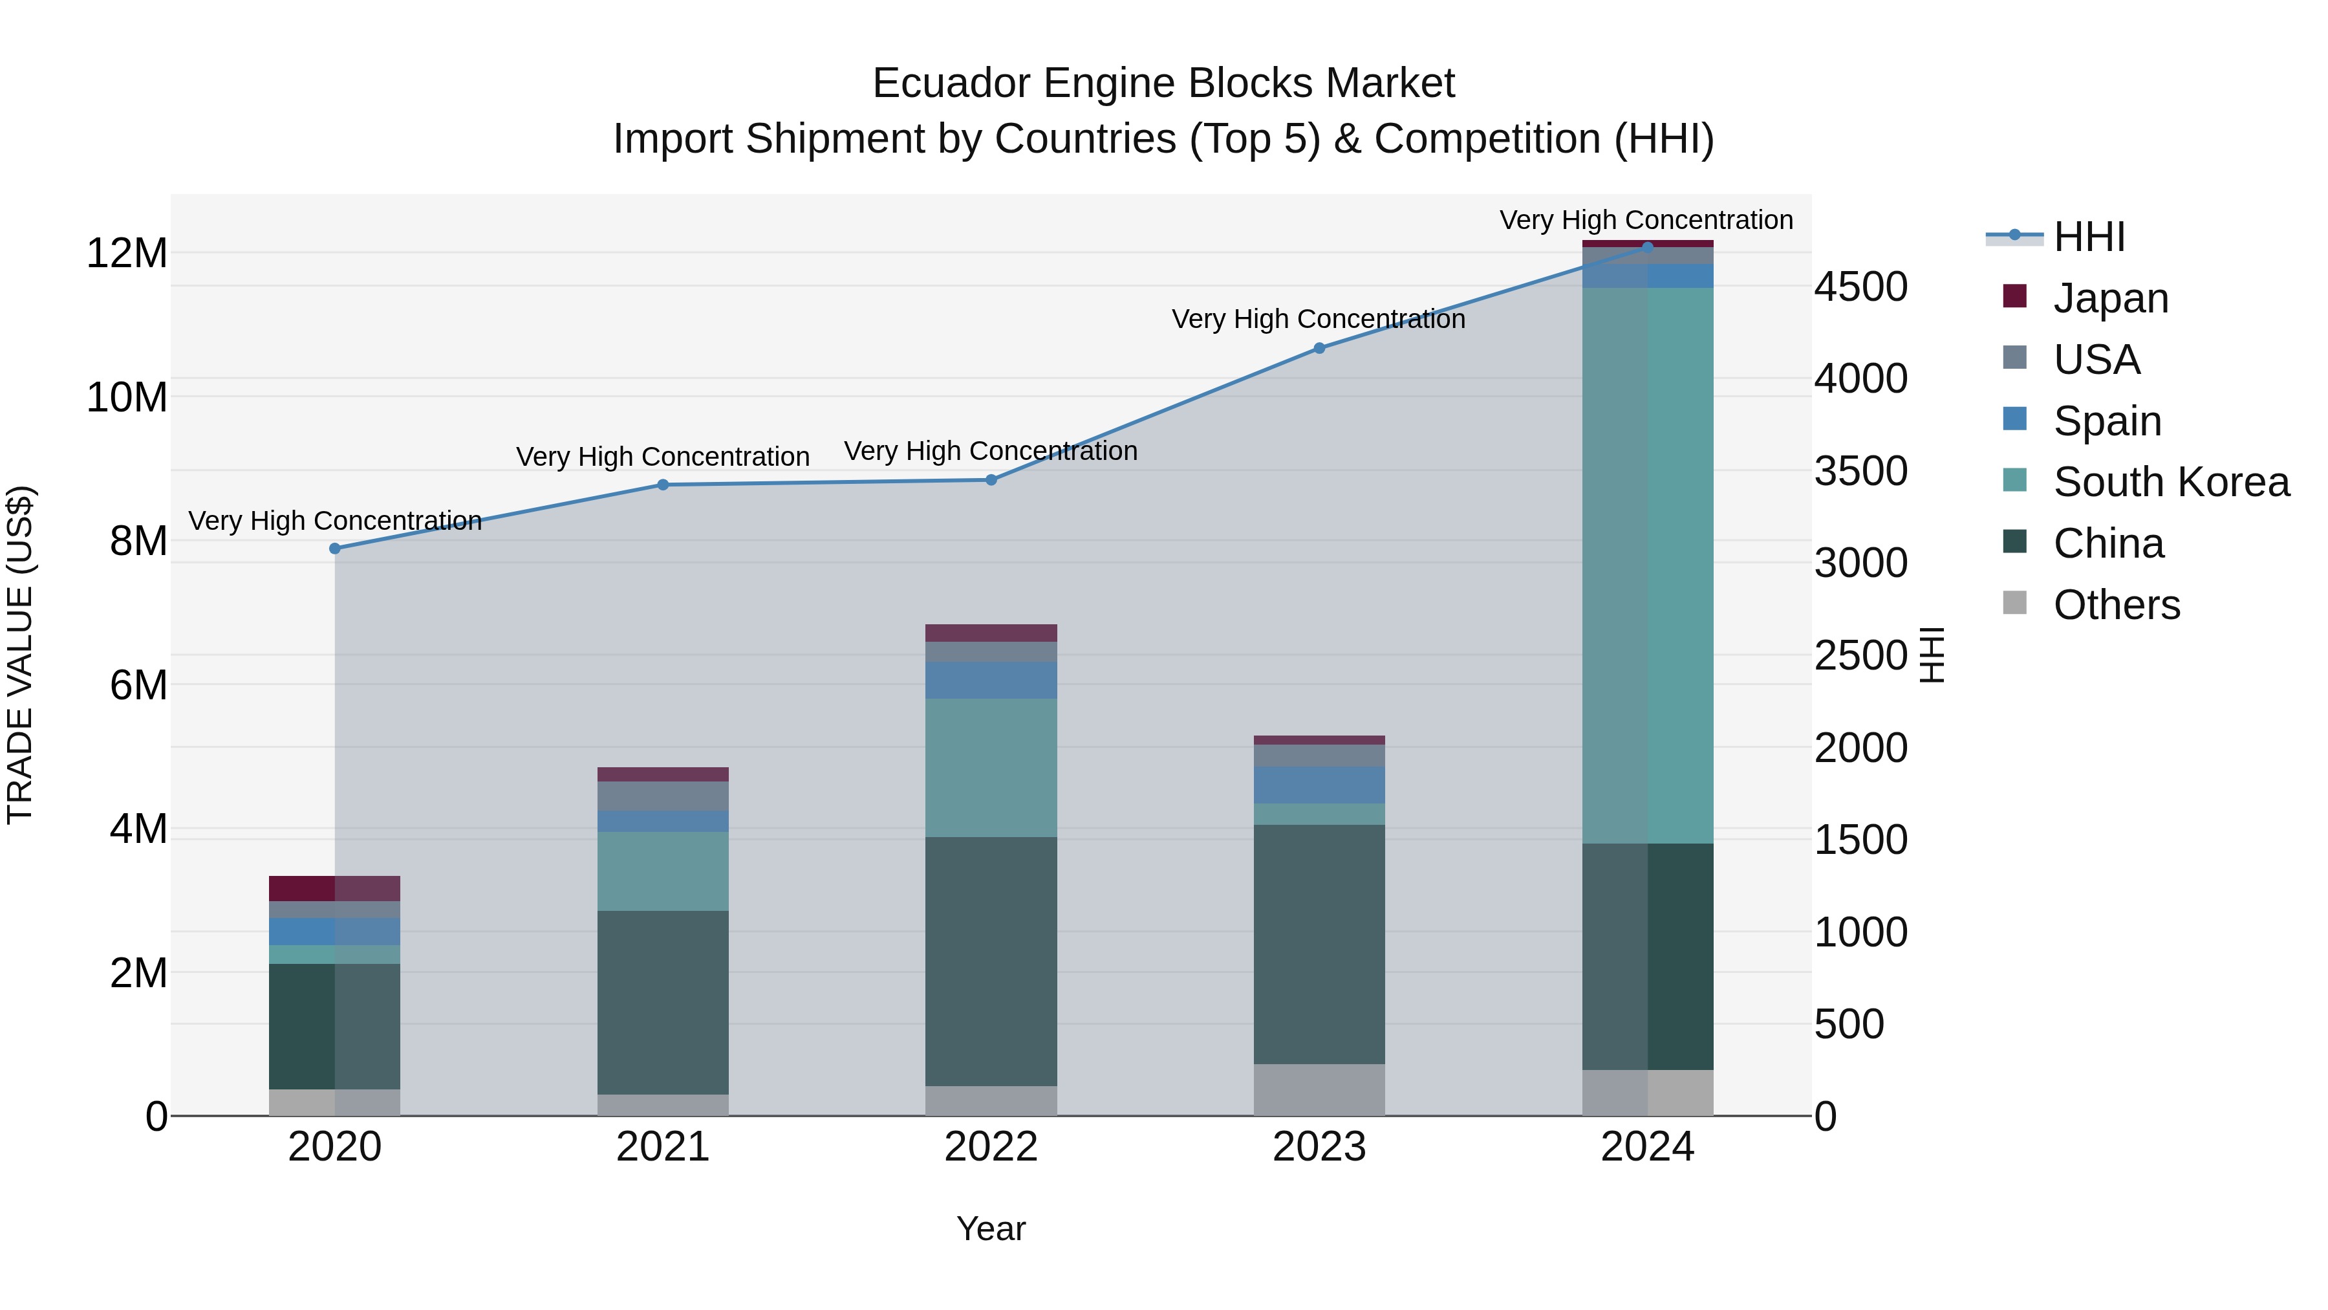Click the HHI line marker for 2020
[334, 549]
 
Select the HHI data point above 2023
[1319, 348]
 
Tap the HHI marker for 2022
[991, 480]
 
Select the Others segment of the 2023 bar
[1319, 1089]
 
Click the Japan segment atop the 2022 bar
[991, 633]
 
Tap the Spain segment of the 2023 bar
[1319, 785]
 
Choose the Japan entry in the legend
[2109, 298]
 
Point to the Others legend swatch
[2014, 603]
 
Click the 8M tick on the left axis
[138, 541]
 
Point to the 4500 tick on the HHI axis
[1860, 287]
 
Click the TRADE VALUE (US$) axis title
[20, 655]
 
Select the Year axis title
[991, 1228]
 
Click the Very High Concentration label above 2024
[1646, 220]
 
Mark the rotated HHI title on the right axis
[1931, 655]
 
